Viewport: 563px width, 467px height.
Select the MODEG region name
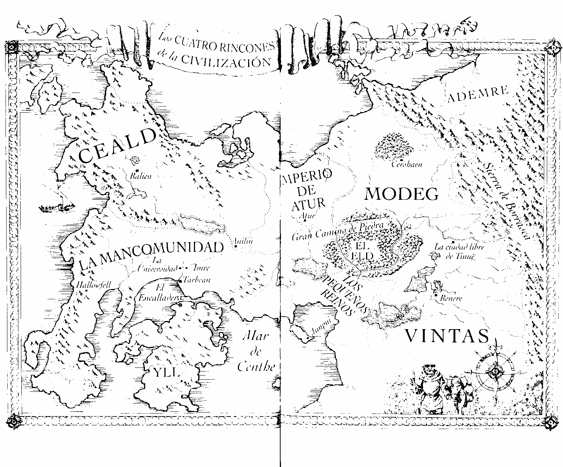402,194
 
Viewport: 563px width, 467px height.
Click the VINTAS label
447,336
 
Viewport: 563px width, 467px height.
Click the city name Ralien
141,176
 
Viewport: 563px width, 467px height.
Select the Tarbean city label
196,280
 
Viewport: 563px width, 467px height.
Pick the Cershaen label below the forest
407,164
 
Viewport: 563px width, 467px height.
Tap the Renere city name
451,299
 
